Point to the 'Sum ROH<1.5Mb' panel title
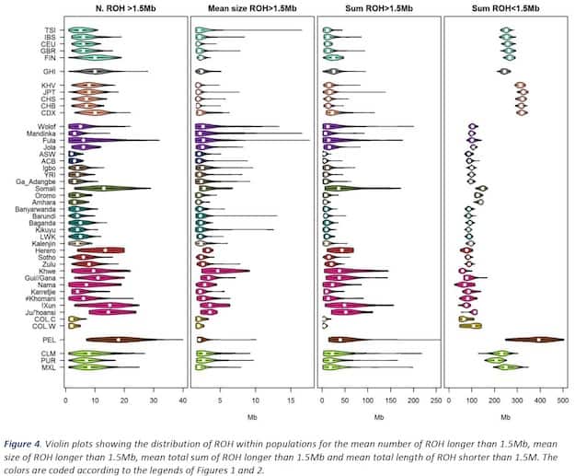503,7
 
